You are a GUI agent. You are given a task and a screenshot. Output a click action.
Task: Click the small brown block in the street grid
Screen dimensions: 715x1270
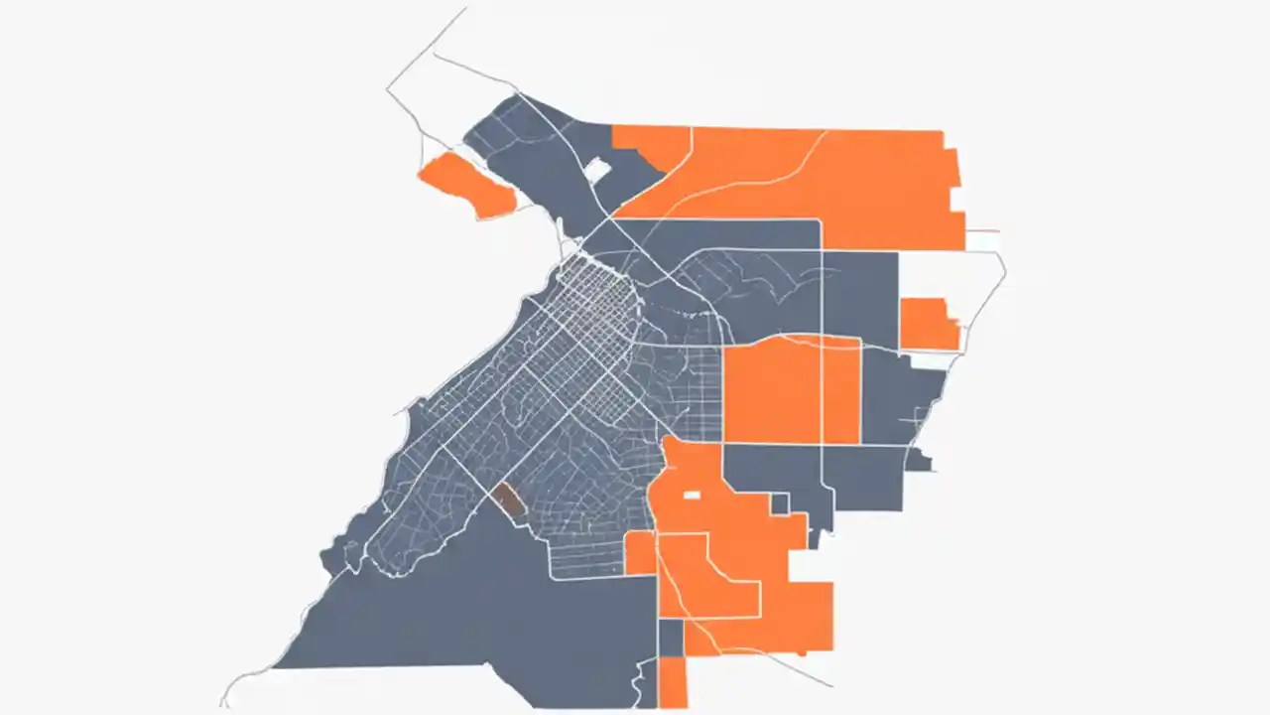510,500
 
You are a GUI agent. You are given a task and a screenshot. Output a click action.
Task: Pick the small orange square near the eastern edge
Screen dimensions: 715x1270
928,324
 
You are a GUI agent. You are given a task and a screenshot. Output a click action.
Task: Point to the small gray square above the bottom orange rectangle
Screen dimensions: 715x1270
672,638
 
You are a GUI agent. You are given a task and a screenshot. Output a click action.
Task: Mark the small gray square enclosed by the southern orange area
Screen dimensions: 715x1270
780,504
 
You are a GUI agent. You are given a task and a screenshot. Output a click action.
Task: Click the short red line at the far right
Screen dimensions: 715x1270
982,230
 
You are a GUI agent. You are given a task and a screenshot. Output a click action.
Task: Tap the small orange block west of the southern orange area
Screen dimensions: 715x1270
640,553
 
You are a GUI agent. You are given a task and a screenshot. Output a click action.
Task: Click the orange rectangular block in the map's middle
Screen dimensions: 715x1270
791,390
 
